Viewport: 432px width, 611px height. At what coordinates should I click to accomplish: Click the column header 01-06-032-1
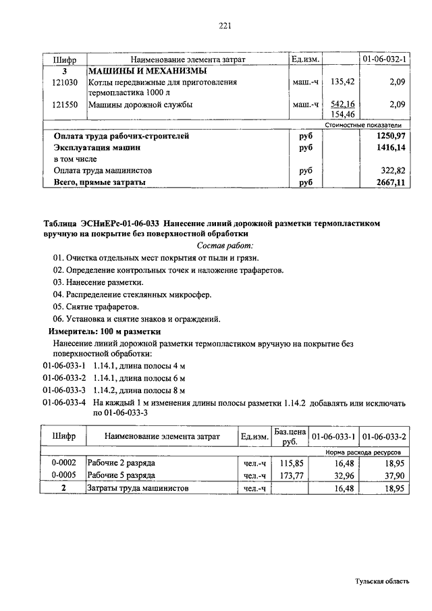[x=384, y=60]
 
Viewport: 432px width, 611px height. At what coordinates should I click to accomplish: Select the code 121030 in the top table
[x=65, y=82]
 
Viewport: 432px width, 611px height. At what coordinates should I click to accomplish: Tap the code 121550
[x=65, y=105]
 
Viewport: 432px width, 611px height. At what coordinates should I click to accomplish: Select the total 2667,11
[x=389, y=182]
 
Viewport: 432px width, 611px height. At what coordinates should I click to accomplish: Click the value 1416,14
[x=389, y=147]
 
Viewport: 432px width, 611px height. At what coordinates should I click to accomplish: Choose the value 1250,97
[x=389, y=136]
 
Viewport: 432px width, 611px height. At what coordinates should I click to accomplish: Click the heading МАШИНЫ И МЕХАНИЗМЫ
[x=147, y=71]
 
